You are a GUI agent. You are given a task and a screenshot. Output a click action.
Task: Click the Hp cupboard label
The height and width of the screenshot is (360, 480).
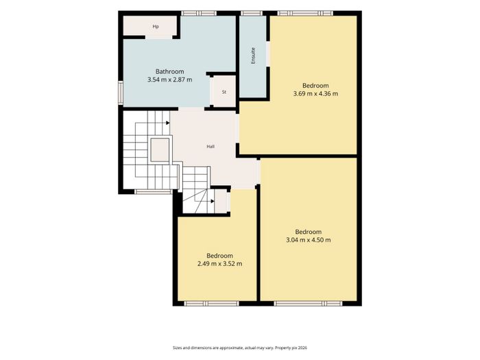(156, 27)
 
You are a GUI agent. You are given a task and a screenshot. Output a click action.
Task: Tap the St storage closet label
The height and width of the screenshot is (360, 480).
(224, 92)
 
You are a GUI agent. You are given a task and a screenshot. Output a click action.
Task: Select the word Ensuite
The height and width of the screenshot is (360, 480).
(253, 56)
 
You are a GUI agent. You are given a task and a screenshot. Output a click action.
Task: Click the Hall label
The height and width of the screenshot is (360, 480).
(211, 147)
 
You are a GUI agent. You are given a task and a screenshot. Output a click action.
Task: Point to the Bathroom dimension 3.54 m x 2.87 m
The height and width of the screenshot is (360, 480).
(170, 80)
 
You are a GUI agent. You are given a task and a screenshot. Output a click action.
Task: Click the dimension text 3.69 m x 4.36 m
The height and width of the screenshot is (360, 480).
(315, 94)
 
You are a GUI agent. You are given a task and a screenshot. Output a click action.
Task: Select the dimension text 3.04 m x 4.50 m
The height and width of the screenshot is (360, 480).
(309, 240)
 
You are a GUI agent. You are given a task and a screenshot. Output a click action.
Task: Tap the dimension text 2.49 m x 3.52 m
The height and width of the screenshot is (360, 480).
(220, 264)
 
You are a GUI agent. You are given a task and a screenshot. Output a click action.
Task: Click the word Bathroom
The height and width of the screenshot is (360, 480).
(170, 71)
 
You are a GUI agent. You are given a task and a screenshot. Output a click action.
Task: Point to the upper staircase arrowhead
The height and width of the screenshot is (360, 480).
(168, 123)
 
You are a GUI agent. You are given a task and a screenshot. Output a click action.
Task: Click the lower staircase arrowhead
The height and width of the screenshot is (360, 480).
(213, 201)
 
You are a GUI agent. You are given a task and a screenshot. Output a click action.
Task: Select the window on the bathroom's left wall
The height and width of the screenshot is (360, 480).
(121, 93)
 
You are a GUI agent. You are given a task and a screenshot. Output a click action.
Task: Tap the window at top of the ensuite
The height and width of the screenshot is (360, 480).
(252, 13)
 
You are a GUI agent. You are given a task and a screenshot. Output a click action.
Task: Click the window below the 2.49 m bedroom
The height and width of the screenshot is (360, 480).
(211, 303)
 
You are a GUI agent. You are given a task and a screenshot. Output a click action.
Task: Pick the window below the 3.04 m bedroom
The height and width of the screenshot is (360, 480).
(308, 303)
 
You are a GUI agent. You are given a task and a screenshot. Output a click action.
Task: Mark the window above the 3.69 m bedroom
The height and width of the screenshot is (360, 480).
(305, 13)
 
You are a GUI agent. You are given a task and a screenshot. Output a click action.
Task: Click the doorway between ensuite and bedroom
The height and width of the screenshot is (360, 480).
(268, 53)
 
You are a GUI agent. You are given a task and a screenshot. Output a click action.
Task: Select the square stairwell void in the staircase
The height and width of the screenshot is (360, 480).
(160, 150)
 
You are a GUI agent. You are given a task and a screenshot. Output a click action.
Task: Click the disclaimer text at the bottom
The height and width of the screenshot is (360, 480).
(240, 348)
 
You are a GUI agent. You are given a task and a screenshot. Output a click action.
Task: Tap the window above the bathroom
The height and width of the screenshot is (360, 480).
(199, 13)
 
